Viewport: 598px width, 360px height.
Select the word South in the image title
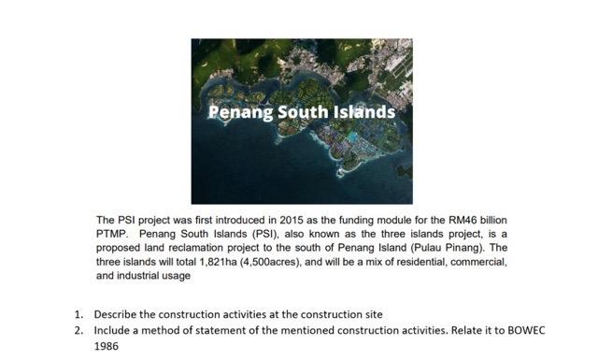(301, 113)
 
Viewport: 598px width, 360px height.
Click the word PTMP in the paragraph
(114, 233)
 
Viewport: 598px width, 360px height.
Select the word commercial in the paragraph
(478, 262)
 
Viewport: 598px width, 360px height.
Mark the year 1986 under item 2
(107, 345)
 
